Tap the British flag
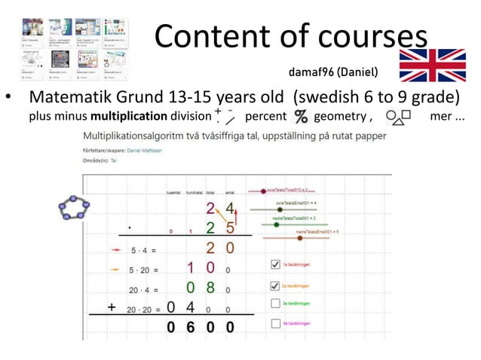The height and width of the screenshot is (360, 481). pos(432,66)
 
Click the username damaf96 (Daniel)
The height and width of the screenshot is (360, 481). pos(333,73)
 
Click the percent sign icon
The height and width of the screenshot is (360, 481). pos(301,117)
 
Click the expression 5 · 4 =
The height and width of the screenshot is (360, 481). pos(143,249)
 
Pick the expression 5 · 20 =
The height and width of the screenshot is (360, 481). pos(143,268)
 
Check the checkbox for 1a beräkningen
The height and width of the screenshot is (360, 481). pos(275,264)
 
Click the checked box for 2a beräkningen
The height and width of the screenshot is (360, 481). pos(275,285)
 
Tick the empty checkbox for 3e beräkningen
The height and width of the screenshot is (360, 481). pos(275,304)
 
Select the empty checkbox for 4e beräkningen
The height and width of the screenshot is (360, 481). pos(275,323)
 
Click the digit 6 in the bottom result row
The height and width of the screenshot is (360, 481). pos(192,328)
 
